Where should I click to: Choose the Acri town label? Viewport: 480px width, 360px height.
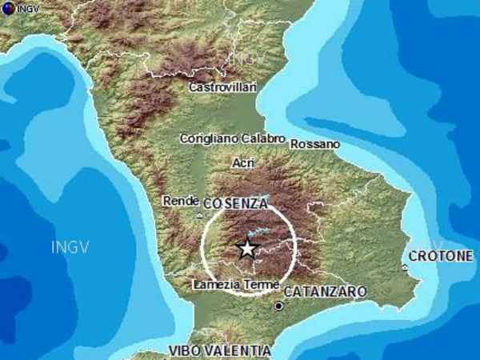pyautogui.click(x=242, y=162)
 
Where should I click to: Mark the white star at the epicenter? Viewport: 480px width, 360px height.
pyautogui.click(x=247, y=249)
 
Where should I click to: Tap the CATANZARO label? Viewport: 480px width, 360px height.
pyautogui.click(x=326, y=291)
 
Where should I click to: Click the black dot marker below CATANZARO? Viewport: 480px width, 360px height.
pyautogui.click(x=278, y=306)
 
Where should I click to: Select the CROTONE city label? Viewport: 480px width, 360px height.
pyautogui.click(x=440, y=256)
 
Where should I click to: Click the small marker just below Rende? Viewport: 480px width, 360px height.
pyautogui.click(x=198, y=215)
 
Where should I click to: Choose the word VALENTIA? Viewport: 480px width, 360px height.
pyautogui.click(x=239, y=350)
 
